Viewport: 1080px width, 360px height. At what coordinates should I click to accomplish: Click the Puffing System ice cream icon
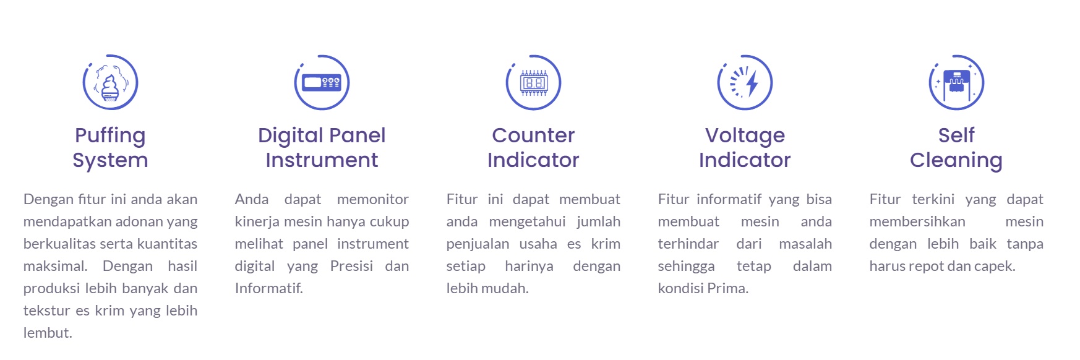pyautogui.click(x=110, y=82)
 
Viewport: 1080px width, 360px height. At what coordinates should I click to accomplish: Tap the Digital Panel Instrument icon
pyautogui.click(x=322, y=82)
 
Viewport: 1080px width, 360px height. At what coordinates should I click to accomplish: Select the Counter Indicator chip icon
pyautogui.click(x=533, y=82)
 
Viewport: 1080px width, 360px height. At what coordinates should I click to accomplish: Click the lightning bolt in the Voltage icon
pyautogui.click(x=752, y=83)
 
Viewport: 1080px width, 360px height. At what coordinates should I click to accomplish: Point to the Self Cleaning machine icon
pyautogui.click(x=956, y=82)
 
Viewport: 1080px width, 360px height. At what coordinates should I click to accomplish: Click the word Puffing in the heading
pyautogui.click(x=110, y=136)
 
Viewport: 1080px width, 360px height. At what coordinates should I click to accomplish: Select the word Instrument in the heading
pyautogui.click(x=322, y=160)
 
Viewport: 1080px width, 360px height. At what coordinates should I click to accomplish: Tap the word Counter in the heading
pyautogui.click(x=533, y=135)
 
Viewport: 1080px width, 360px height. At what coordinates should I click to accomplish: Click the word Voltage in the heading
pyautogui.click(x=745, y=136)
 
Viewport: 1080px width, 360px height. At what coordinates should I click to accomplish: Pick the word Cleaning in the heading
pyautogui.click(x=956, y=161)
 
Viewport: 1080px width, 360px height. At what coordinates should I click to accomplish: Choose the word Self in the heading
pyautogui.click(x=956, y=135)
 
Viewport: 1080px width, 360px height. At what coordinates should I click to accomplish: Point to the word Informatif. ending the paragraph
pyautogui.click(x=269, y=288)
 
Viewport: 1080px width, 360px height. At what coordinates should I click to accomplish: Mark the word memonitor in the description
pyautogui.click(x=373, y=199)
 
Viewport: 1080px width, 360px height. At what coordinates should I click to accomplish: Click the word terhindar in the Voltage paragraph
pyautogui.click(x=688, y=244)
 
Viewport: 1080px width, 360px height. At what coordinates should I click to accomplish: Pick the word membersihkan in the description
pyautogui.click(x=917, y=221)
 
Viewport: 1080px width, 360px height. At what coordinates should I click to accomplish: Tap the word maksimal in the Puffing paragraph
pyautogui.click(x=53, y=266)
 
